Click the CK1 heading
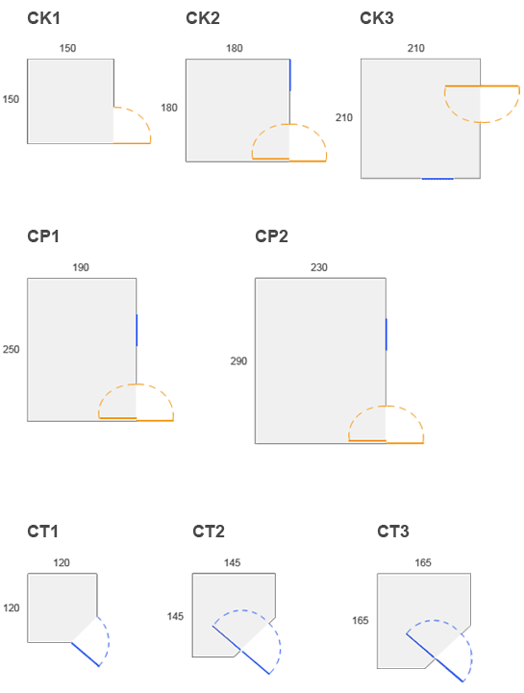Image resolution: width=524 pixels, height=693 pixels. coord(43,18)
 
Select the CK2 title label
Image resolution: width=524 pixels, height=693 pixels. coord(203,18)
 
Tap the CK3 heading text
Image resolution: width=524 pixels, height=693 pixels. coord(376,18)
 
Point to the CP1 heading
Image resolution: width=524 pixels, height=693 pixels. coord(43,236)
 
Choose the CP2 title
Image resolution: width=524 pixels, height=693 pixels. coord(271,236)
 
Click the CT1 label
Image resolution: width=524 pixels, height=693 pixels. coord(42,531)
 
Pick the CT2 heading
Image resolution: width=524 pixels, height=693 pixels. coord(209,531)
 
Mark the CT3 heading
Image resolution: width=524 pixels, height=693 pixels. coord(392,531)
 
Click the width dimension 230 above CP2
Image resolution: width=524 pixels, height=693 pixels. coord(319,267)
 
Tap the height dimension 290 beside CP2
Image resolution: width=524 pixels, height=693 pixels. coord(238,361)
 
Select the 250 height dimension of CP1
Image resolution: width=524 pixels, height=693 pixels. coord(11,349)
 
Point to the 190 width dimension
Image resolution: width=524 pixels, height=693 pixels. coord(81,267)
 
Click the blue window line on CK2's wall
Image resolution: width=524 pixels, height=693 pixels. coord(290,75)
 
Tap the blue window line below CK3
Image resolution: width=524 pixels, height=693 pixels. coord(437,179)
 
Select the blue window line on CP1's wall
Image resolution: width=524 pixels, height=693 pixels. coord(137,330)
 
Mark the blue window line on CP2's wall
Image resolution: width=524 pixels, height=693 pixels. coord(387,334)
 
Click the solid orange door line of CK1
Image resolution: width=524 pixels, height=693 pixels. coord(132,143)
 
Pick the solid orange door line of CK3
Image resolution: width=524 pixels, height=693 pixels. coord(482,86)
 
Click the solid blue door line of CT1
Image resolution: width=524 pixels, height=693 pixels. coord(86,655)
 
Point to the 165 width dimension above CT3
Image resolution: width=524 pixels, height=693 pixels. coord(423,562)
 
